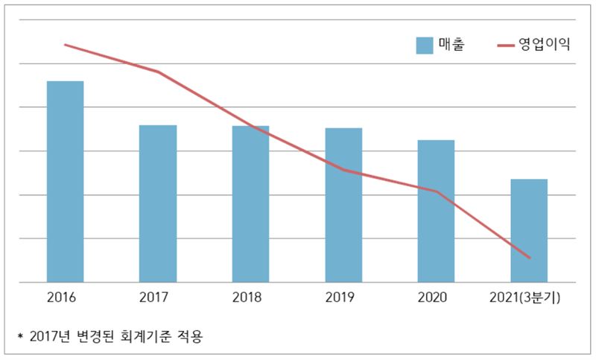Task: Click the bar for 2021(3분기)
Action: [x=529, y=230]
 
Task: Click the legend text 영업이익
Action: [x=548, y=45]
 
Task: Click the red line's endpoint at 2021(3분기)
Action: [x=529, y=258]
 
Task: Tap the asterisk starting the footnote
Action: [x=20, y=337]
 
